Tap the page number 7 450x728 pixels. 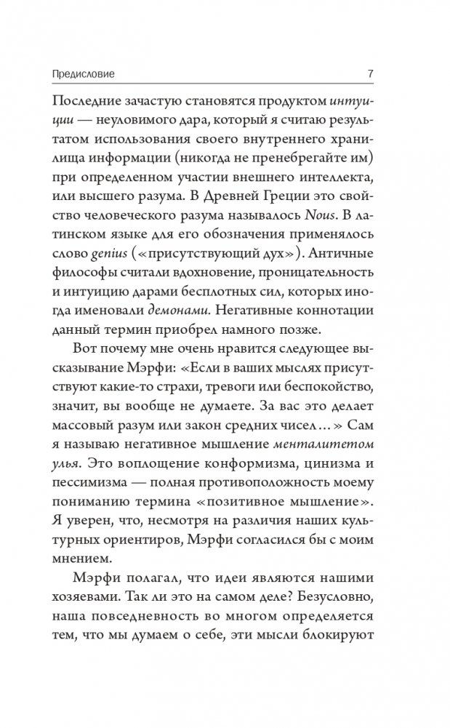point(371,73)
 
